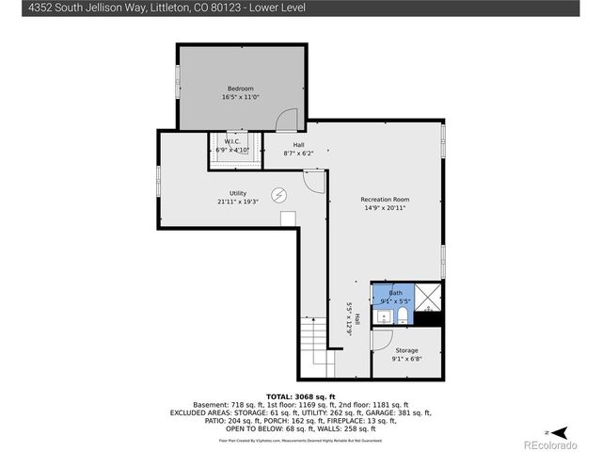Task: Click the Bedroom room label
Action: pos(240,89)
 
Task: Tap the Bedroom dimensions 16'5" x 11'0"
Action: pos(240,97)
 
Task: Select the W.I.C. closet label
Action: pos(231,141)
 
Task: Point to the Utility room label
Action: pos(237,193)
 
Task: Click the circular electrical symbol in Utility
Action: pos(279,195)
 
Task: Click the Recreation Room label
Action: pos(386,200)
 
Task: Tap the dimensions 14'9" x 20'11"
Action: pos(386,208)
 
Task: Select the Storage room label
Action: pos(406,350)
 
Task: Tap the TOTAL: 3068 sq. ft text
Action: pos(300,396)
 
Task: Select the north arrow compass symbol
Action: pos(559,431)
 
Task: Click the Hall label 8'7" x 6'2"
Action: pos(297,149)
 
